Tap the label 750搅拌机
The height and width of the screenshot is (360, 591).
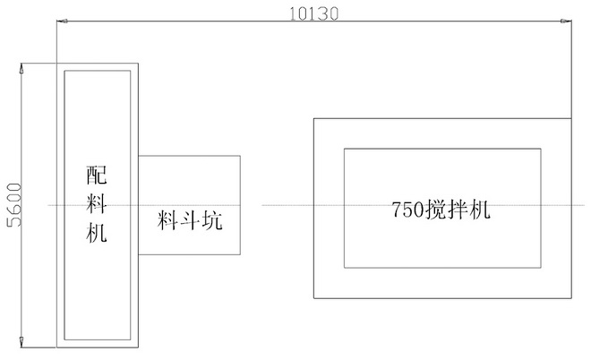pos(442,211)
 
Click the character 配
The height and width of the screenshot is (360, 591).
pos(97,176)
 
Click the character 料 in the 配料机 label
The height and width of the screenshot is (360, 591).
pos(97,205)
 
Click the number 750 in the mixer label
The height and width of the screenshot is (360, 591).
pos(407,212)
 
